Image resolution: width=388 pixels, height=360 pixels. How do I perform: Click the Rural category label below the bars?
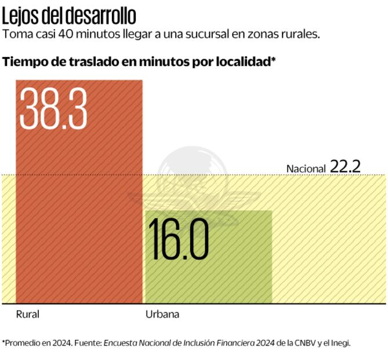click(x=28, y=315)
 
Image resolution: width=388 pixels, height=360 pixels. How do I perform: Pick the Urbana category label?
click(x=162, y=315)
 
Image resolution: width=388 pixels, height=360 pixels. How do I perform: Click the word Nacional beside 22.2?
click(x=306, y=168)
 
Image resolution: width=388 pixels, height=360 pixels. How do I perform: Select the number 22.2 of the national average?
click(x=346, y=167)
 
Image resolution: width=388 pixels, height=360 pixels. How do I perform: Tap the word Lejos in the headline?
click(x=21, y=14)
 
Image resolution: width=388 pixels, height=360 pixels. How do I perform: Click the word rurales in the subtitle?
click(x=299, y=34)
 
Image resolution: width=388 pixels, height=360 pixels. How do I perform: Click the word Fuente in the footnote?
click(x=89, y=343)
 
